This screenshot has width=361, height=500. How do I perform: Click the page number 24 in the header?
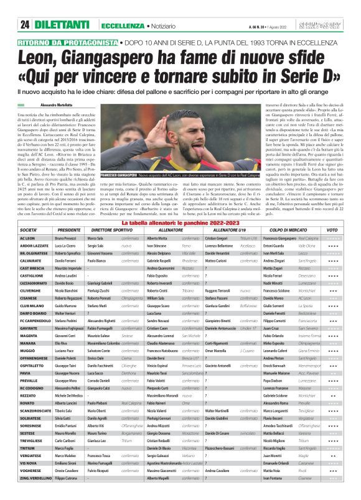[x=25, y=24]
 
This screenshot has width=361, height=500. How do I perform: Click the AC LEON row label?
[x=27, y=238]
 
